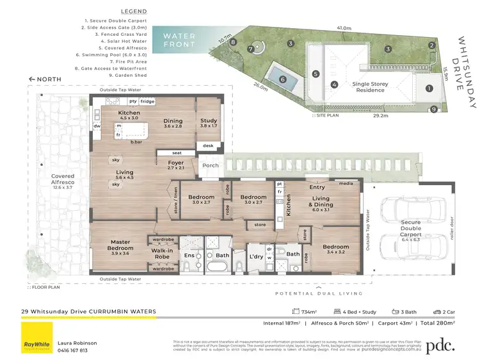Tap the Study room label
click(209, 123)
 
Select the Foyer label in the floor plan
click(175, 165)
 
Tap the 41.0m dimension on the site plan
click(344, 28)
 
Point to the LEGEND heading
click(132, 12)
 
